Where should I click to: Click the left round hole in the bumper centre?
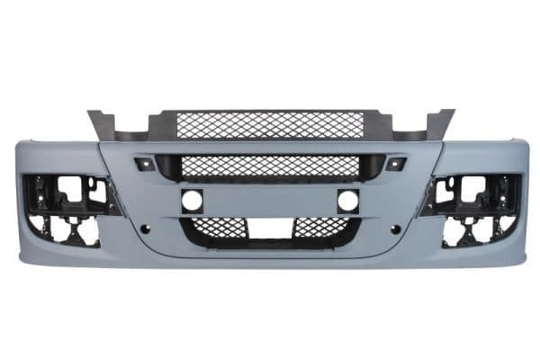click(x=192, y=201)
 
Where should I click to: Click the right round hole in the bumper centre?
click(x=347, y=201)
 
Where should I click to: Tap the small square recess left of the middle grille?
click(x=143, y=164)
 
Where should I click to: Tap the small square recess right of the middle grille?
click(x=395, y=164)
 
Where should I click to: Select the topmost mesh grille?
click(x=270, y=124)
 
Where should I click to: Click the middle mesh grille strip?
click(x=270, y=166)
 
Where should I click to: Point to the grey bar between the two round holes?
click(x=270, y=201)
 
